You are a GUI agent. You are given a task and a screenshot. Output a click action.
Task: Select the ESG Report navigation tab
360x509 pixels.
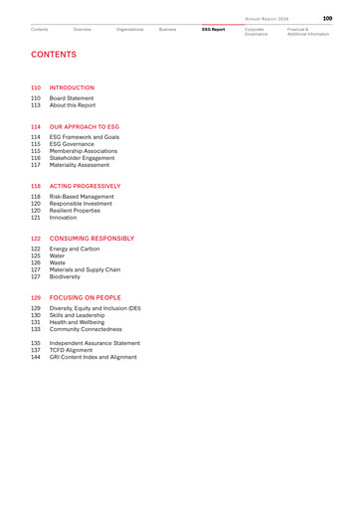(x=214, y=29)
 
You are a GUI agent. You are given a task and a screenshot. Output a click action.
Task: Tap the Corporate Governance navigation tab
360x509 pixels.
(x=257, y=32)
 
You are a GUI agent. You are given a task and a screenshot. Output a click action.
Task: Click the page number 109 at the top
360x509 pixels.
(x=327, y=17)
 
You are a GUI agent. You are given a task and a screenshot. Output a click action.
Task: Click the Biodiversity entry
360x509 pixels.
(x=69, y=276)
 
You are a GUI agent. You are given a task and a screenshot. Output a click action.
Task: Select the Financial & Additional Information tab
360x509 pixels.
(x=307, y=32)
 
